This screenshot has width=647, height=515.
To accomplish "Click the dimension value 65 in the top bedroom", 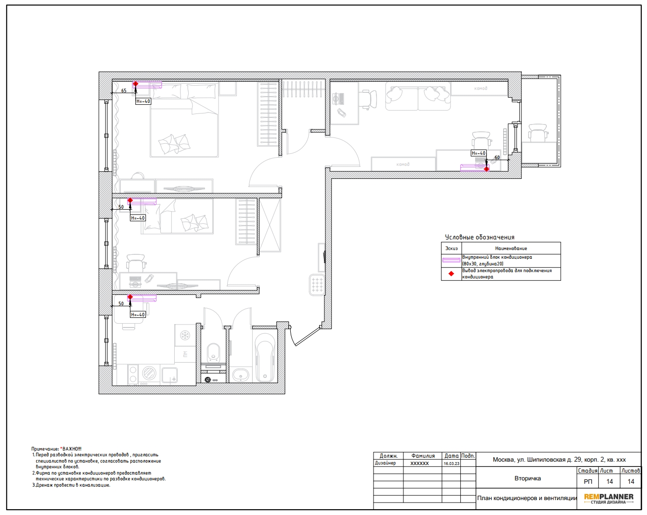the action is click(x=124, y=90).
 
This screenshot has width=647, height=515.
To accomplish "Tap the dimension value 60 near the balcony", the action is click(x=497, y=157).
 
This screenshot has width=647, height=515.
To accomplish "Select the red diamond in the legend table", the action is click(x=451, y=274).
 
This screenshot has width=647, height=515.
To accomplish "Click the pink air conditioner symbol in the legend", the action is click(x=451, y=260).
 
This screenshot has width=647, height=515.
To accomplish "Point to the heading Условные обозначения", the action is click(x=479, y=237).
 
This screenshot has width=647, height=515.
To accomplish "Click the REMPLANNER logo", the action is click(x=608, y=498).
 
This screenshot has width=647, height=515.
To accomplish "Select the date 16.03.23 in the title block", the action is click(x=451, y=464).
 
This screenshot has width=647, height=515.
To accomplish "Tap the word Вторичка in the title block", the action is click(x=527, y=478).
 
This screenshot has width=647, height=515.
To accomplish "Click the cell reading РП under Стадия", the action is click(x=588, y=481).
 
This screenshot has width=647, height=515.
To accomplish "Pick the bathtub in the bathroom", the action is click(x=265, y=357).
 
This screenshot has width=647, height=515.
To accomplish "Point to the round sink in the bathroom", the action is click(x=241, y=375).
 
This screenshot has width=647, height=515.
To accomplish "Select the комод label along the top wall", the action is click(x=480, y=88).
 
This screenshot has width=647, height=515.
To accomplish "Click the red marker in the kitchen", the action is click(x=130, y=297).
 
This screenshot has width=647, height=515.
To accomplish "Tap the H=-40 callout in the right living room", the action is click(x=479, y=153).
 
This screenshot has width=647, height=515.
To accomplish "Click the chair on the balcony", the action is click(x=538, y=132).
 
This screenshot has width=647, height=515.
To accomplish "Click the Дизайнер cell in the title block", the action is click(x=385, y=463).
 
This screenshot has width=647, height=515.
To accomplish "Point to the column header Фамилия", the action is click(x=423, y=456).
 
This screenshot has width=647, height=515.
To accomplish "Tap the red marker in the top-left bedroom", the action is click(x=135, y=84).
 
